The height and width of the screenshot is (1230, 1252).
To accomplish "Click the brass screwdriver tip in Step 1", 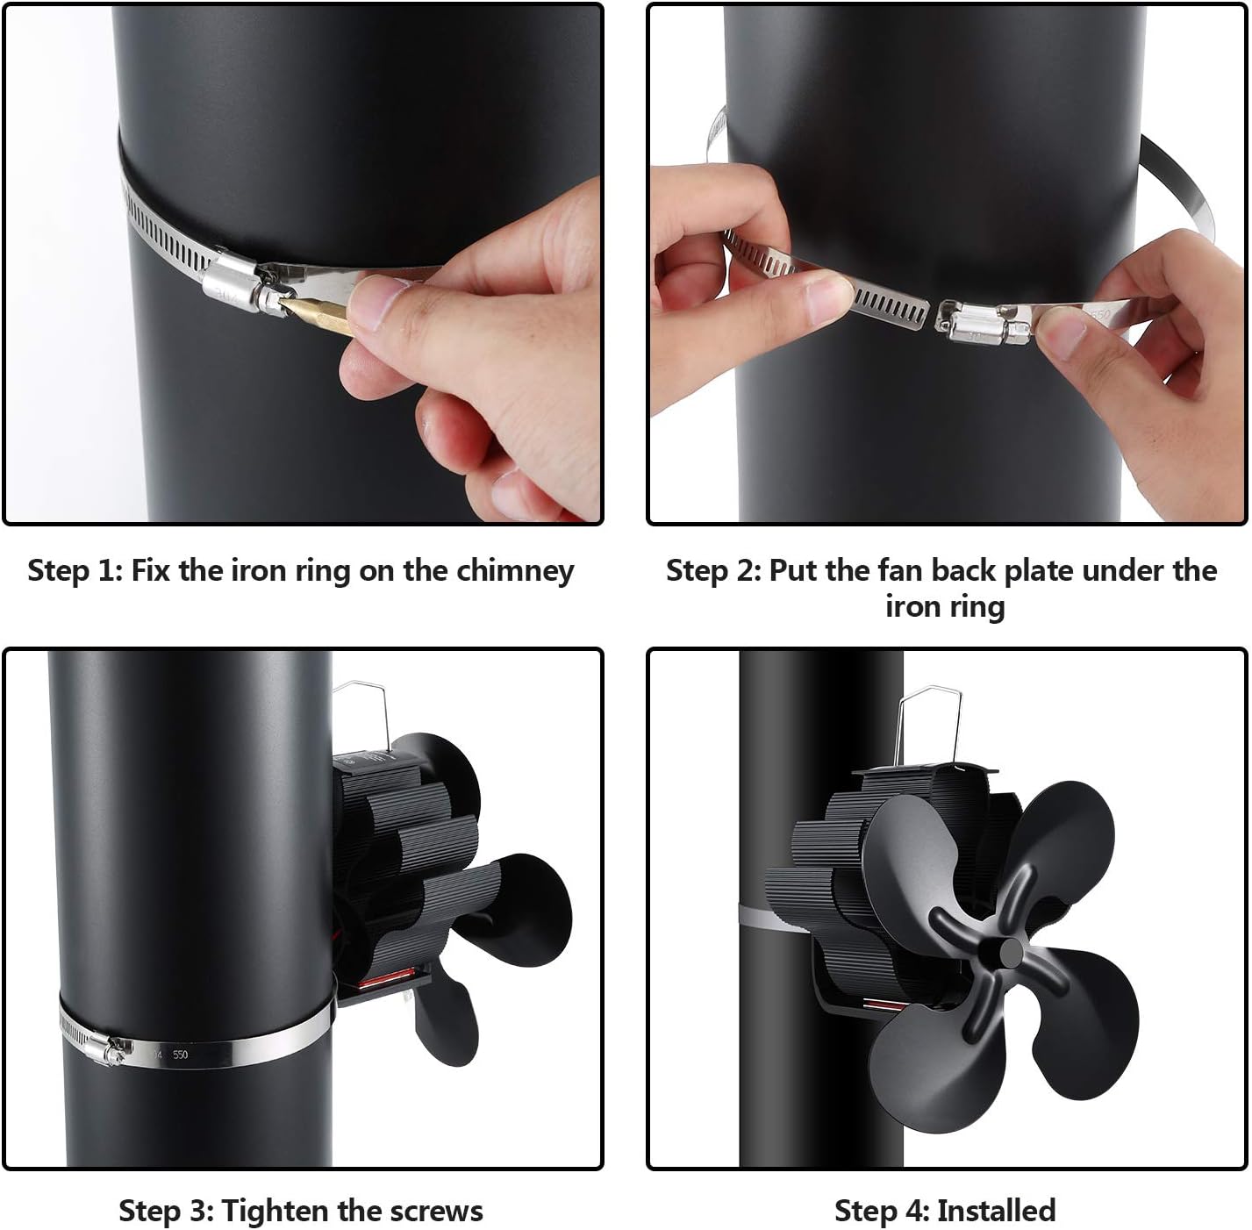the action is click(x=318, y=314).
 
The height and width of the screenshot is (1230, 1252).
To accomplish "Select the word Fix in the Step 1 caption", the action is click(x=147, y=571).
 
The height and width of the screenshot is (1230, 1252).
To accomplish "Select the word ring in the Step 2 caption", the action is click(x=977, y=607).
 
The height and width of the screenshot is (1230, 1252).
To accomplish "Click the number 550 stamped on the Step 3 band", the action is click(x=180, y=1054).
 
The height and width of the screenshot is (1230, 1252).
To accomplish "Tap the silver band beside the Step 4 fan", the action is click(x=773, y=917).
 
